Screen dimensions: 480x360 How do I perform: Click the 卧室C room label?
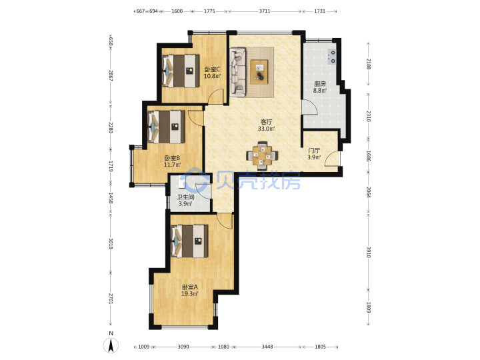212,69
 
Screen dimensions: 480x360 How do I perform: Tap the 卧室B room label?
172,158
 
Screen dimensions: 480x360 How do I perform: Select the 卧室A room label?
190,287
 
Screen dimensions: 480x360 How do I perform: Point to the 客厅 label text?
266,122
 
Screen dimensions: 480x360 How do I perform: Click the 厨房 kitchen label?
320,83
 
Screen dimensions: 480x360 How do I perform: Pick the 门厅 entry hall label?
314,151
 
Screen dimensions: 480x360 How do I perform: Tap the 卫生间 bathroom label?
185,197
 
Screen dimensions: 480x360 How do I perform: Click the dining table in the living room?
262,156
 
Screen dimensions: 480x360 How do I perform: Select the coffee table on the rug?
259,72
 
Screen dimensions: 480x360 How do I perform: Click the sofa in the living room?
238,72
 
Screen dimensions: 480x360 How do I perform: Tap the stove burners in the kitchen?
332,57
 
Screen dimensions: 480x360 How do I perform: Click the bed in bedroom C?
181,71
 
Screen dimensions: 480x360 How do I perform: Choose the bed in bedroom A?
189,241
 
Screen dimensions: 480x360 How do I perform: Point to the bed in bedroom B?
166,127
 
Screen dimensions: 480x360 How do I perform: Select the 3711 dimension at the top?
265,11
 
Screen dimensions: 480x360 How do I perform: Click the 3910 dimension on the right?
369,252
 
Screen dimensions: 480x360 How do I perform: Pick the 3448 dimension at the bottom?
267,347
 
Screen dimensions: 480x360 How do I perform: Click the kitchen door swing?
310,107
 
